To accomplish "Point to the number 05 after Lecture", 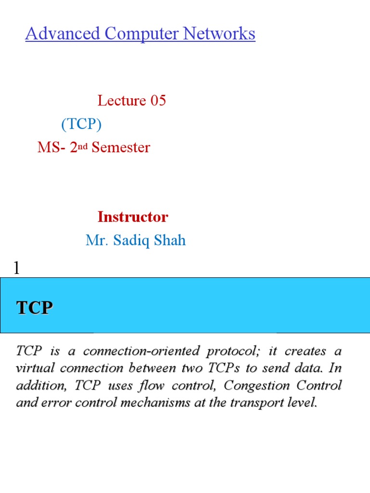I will pos(158,101).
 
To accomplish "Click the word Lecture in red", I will pos(122,101).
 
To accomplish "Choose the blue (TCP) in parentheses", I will pos(81,124).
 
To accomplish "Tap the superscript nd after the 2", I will pos(83,145).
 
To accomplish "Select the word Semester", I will pos(121,147).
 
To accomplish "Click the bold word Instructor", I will pos(132,217).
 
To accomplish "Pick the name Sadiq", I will pos(129,240).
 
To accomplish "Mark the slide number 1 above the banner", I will pos(17,268).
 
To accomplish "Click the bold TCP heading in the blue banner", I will pos(34,308).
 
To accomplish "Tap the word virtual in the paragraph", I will pos(32,369).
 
